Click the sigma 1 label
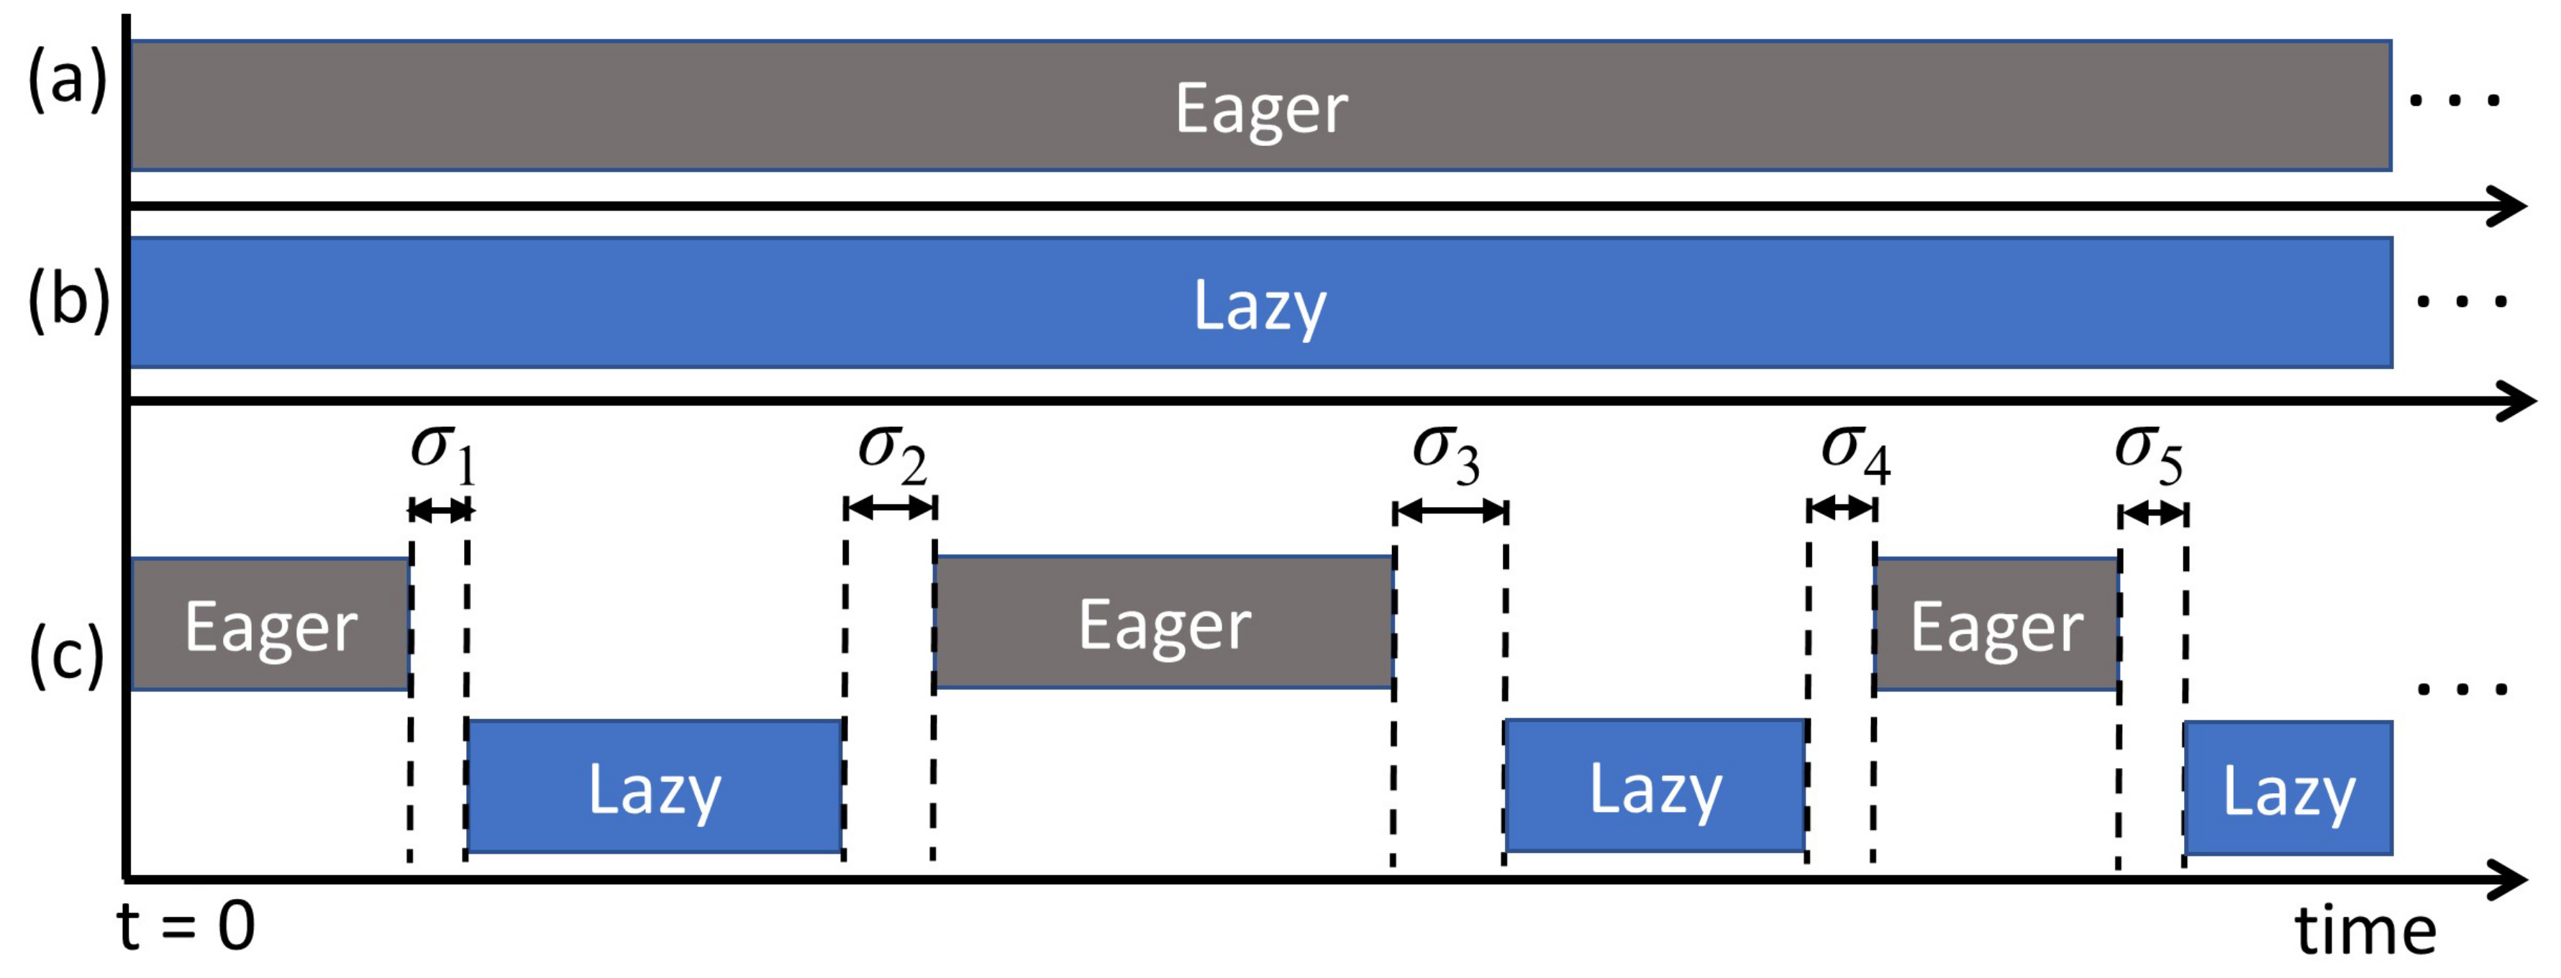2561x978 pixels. pyautogui.click(x=443, y=452)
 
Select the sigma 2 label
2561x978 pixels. pyautogui.click(x=892, y=452)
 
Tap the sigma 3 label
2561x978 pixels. pyautogui.click(x=1447, y=453)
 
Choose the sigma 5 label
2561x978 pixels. pyautogui.click(x=2148, y=453)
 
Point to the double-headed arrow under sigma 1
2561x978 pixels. pyautogui.click(x=440, y=511)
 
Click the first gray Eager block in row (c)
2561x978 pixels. pyautogui.click(x=270, y=625)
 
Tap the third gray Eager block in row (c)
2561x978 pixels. pyautogui.click(x=1996, y=625)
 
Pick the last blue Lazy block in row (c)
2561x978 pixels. pyautogui.click(x=2288, y=789)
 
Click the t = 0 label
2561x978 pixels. pyautogui.click(x=187, y=928)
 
